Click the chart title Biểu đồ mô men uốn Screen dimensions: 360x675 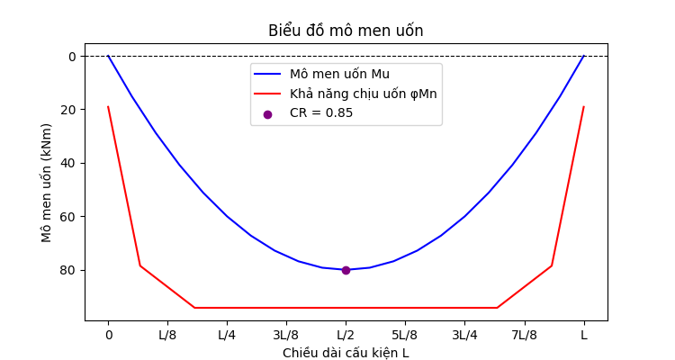coord(346,31)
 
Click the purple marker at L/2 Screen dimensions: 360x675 coord(346,270)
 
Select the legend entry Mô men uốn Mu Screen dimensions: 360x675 coord(339,74)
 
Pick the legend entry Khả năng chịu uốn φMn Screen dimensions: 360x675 coord(363,94)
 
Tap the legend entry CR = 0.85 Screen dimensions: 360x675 coord(321,113)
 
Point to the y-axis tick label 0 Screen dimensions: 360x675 coord(73,56)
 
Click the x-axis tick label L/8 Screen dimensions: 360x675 coord(167,336)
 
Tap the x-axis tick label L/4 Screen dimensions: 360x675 coord(227,336)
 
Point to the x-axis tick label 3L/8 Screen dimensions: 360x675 coord(286,336)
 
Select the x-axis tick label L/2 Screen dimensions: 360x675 coord(346,336)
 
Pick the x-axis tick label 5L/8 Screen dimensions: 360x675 coord(405,336)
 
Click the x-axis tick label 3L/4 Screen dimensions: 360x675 coord(464,336)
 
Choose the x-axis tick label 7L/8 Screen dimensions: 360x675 coord(524,336)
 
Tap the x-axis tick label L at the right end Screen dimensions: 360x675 coord(583,336)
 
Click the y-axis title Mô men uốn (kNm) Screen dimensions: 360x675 coord(47,183)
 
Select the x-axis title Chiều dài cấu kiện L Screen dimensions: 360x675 coord(346,353)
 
